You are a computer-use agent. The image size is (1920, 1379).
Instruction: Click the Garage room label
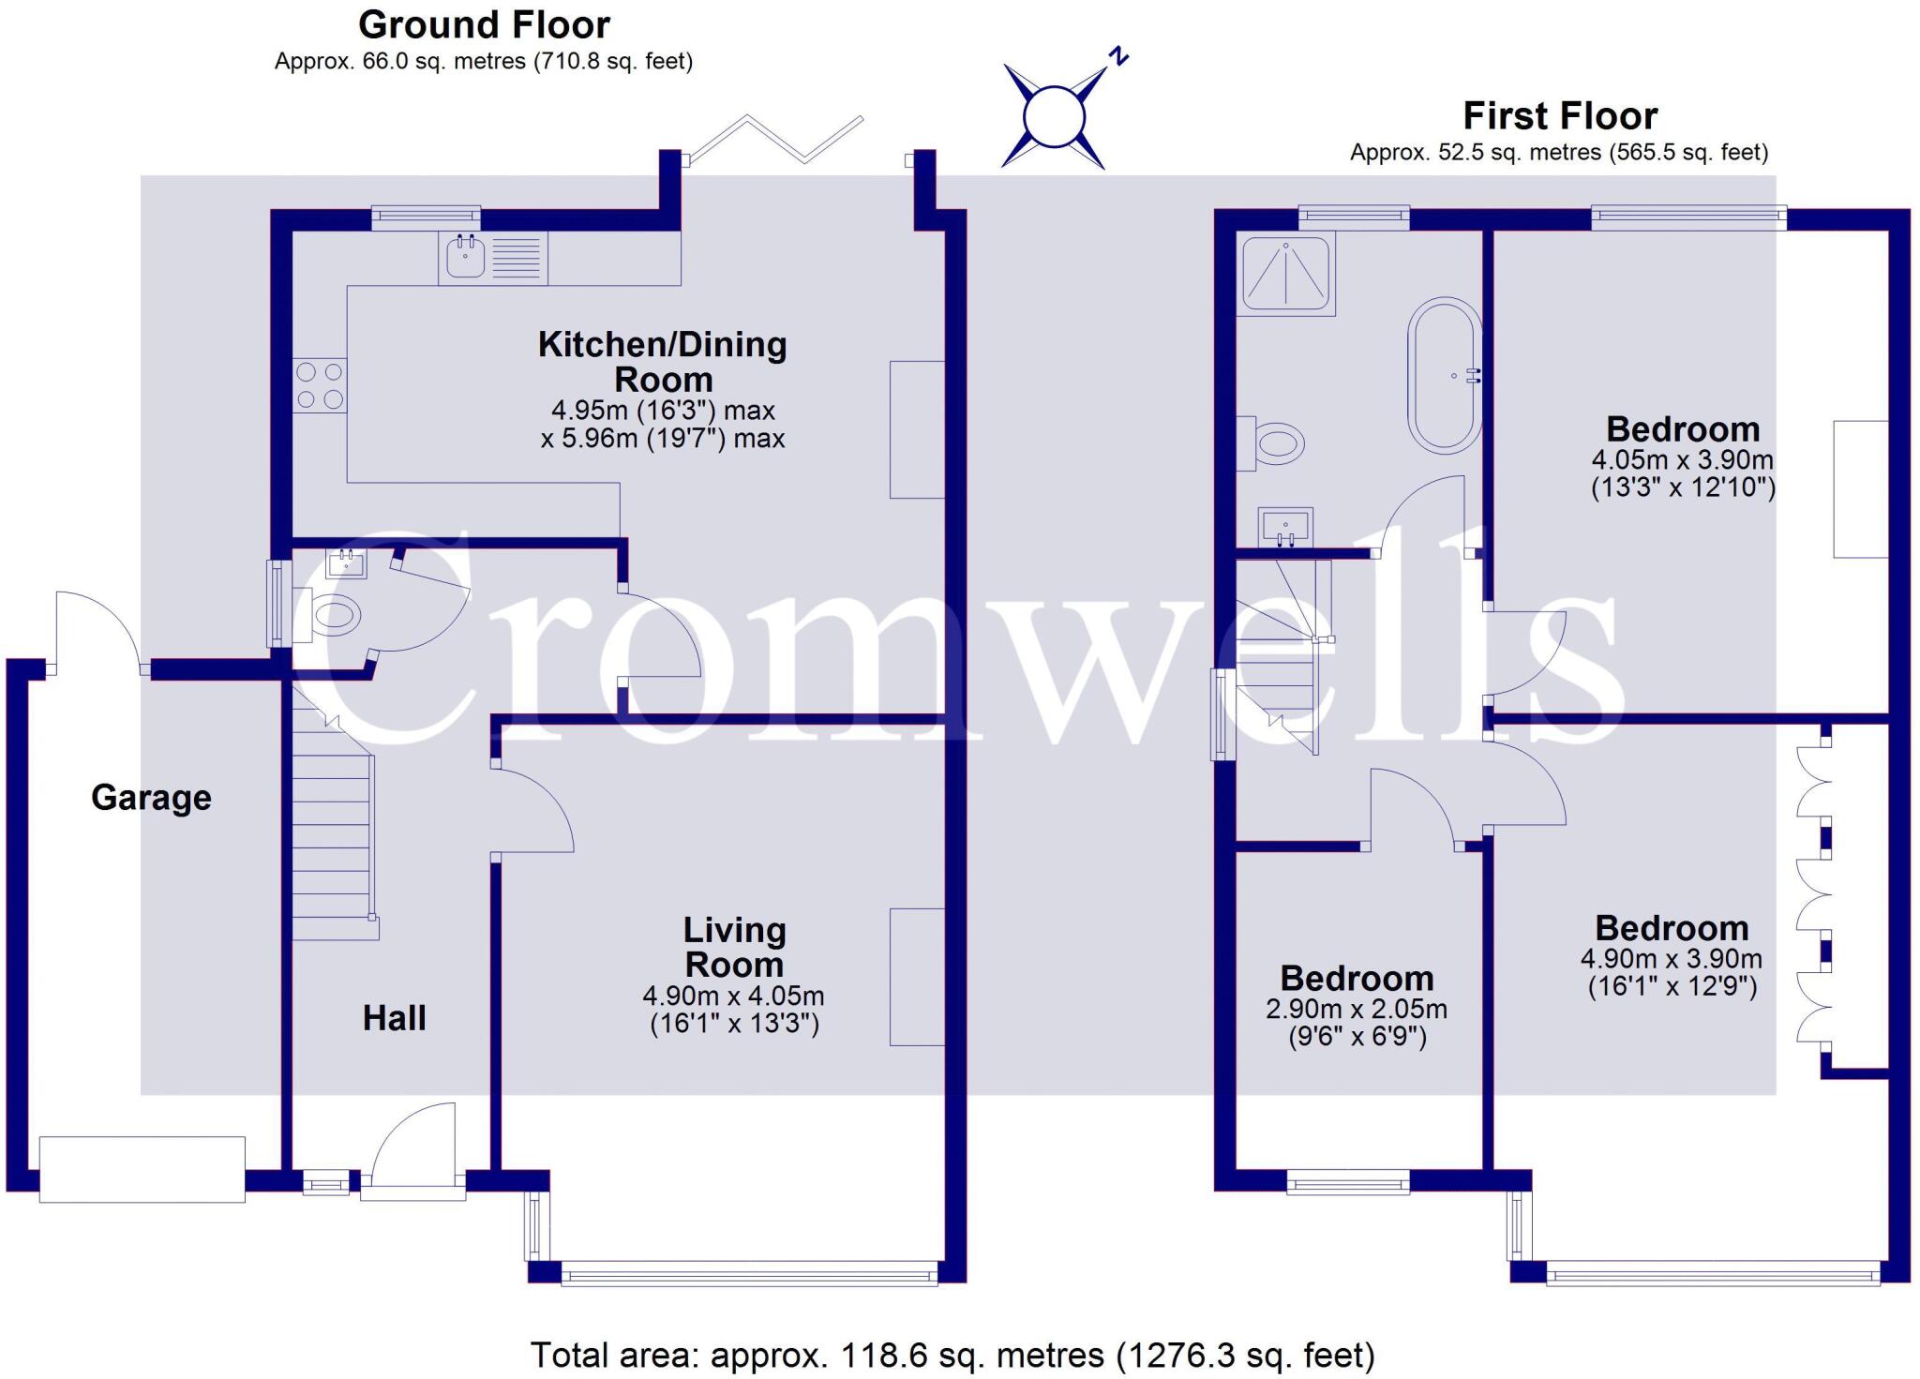click(151, 798)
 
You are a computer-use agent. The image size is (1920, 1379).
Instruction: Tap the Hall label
click(394, 1018)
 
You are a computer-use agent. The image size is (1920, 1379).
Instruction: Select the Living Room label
click(734, 947)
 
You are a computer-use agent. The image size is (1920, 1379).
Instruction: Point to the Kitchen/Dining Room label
click(663, 362)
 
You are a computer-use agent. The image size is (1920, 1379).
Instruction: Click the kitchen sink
click(466, 257)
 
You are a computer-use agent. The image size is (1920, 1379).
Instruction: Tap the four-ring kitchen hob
click(320, 385)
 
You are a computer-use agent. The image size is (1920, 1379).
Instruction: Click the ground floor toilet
click(328, 616)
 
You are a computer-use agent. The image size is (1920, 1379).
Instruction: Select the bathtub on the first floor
click(1445, 375)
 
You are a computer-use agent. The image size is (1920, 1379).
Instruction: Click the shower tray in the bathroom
click(1285, 273)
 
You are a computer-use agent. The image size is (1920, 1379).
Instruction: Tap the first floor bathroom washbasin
click(1286, 526)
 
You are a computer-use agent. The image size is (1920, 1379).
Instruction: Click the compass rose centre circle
click(1054, 117)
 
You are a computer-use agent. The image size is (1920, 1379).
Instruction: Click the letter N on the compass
click(1117, 57)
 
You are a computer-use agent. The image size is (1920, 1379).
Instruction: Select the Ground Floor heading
click(484, 24)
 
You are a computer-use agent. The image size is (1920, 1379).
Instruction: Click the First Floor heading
click(1560, 116)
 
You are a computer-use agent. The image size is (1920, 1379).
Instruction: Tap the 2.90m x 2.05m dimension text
click(1357, 1010)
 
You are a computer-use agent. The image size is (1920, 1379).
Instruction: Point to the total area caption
click(952, 1356)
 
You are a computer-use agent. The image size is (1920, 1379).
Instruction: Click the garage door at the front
click(142, 1169)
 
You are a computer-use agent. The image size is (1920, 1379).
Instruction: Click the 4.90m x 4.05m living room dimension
click(734, 997)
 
